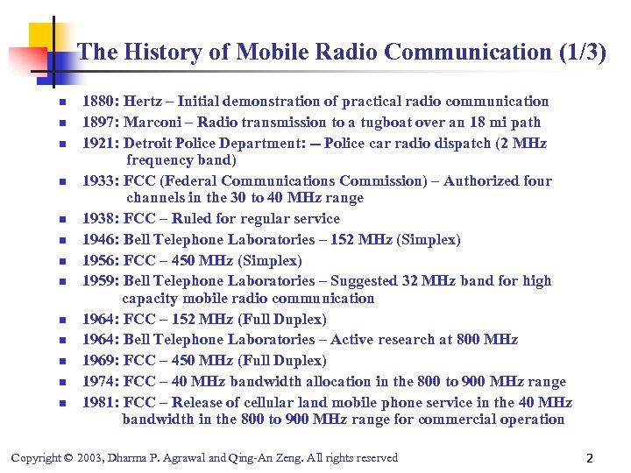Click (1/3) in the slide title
582,52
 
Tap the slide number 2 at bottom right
590,458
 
